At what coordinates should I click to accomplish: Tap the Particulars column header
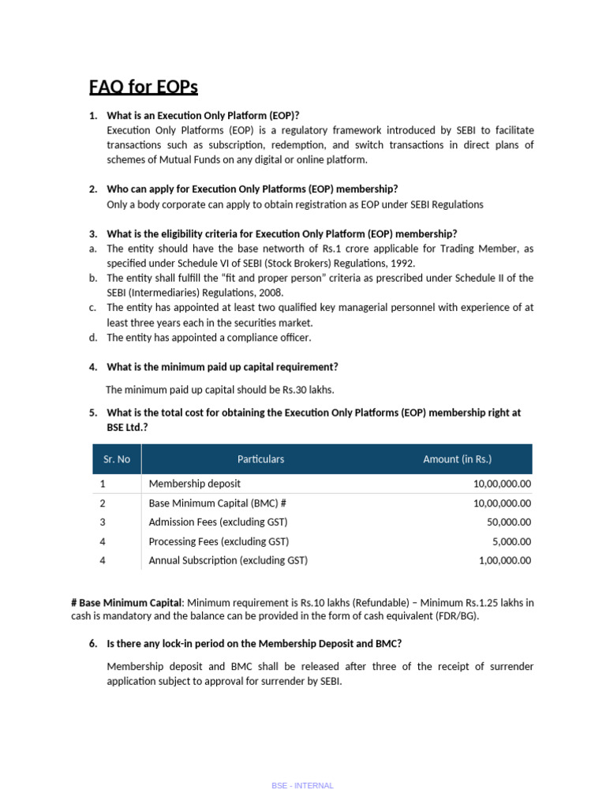pos(260,459)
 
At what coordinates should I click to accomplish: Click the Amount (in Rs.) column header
pos(457,459)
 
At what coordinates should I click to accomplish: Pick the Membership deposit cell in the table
pos(194,484)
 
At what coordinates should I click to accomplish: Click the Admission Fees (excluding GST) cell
pos(218,522)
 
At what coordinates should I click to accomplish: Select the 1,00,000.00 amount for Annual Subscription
pos(505,561)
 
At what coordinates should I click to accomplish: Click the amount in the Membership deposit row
pos(502,484)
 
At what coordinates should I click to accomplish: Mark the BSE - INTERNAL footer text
pos(302,786)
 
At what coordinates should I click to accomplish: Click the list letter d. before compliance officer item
pos(93,338)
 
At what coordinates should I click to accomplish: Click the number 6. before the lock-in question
pos(93,644)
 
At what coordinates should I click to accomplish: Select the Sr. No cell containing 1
pos(103,484)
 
